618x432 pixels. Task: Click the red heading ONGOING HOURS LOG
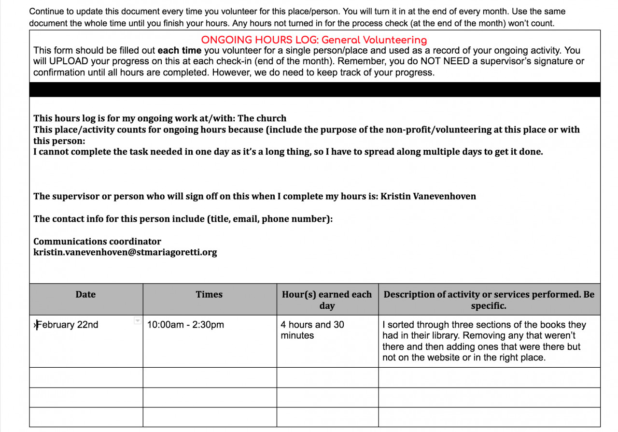click(x=314, y=40)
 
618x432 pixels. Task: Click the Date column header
click(x=85, y=295)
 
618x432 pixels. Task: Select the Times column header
click(x=209, y=295)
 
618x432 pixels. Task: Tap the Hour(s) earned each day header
click(x=327, y=300)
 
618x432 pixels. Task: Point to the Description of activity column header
click(x=489, y=300)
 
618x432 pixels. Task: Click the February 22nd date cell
click(x=68, y=325)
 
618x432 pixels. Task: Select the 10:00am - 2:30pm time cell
click(x=185, y=325)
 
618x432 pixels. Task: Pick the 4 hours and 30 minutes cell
click(x=312, y=330)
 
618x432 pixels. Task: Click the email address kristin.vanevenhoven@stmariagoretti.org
click(x=125, y=252)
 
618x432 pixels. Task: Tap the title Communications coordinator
click(x=97, y=241)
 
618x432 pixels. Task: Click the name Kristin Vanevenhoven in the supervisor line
click(x=428, y=196)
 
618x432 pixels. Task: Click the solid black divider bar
click(x=314, y=89)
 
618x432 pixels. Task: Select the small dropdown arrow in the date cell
click(x=137, y=321)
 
